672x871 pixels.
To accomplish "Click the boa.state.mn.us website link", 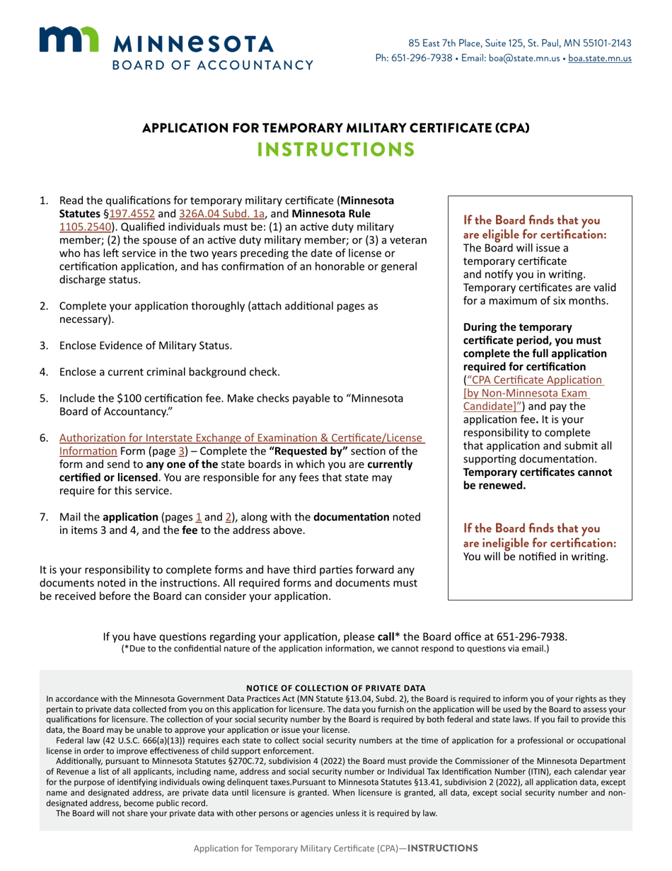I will (600, 58).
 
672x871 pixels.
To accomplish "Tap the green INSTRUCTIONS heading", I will (335, 150).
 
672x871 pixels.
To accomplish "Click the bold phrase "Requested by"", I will (315, 452).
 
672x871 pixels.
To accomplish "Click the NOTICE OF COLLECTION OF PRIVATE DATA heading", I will (335, 688).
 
